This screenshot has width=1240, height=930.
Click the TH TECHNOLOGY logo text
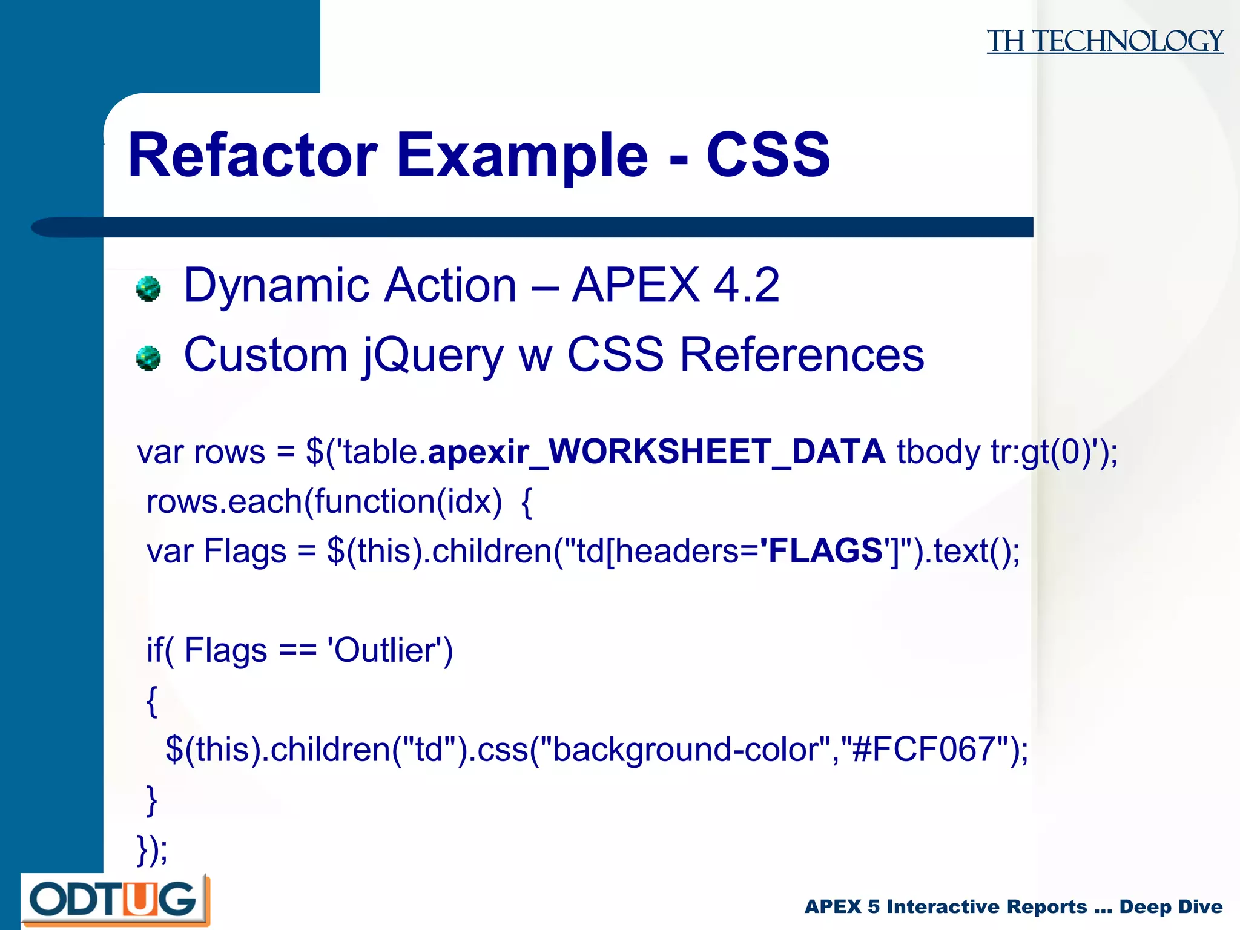(1104, 42)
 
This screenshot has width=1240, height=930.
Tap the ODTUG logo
(114, 900)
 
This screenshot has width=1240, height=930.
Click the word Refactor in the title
(252, 156)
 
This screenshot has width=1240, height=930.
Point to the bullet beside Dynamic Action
(148, 289)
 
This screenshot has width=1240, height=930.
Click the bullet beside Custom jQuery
(148, 358)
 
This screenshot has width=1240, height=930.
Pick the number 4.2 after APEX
(746, 285)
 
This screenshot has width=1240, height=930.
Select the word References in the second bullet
(802, 355)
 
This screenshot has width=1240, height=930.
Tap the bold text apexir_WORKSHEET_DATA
(656, 452)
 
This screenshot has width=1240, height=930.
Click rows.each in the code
(224, 502)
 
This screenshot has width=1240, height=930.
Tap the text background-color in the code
(687, 750)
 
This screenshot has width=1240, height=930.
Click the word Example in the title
(522, 156)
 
